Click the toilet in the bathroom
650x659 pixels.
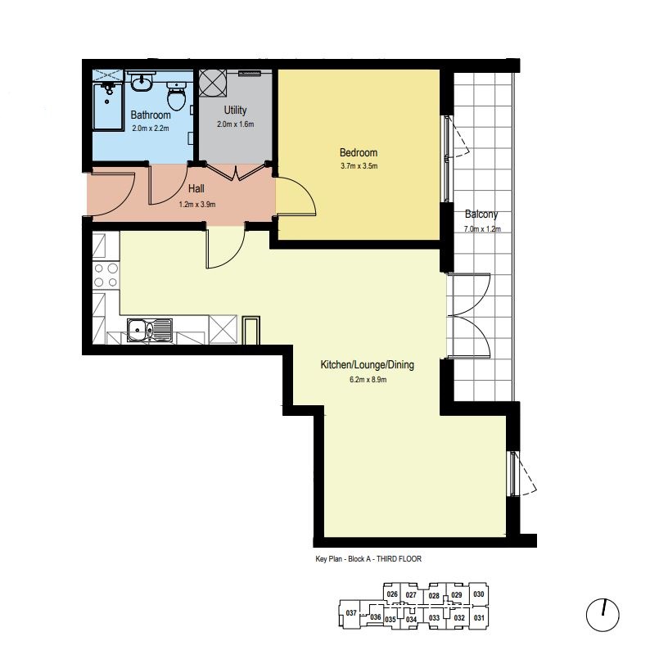(x=177, y=96)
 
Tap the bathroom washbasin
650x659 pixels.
(x=142, y=82)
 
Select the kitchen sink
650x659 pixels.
(x=150, y=330)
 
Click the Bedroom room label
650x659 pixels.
(x=359, y=152)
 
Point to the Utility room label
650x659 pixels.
(x=235, y=111)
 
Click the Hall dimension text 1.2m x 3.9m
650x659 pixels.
(x=197, y=205)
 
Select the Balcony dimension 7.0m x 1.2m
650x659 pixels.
(x=482, y=229)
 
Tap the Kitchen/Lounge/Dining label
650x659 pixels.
(x=368, y=364)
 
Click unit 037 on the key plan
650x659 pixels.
(x=351, y=613)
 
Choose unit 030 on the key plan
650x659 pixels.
(x=479, y=594)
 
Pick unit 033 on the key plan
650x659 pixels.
(x=434, y=618)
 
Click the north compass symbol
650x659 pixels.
(x=603, y=615)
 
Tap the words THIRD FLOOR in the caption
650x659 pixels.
(x=399, y=559)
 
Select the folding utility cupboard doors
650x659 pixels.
(x=236, y=170)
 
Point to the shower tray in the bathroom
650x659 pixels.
(x=108, y=106)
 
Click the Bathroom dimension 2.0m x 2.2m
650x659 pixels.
(x=151, y=129)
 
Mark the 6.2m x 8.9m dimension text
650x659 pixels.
(x=368, y=380)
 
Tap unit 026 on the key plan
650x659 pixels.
(x=392, y=594)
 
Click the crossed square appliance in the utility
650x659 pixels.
(x=212, y=83)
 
